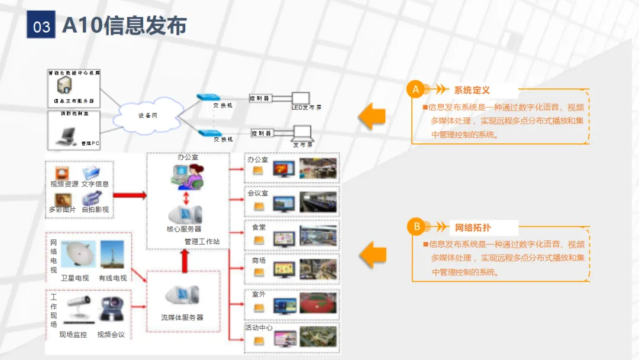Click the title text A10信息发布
124,25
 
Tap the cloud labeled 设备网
148,115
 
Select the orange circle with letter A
416,90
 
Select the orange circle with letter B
417,227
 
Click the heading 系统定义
472,91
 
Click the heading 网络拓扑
473,227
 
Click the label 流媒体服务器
182,317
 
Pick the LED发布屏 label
306,108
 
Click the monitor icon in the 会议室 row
283,204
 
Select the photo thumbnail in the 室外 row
318,304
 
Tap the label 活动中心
259,327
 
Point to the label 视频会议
111,335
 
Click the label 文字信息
95,184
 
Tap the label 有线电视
112,278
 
